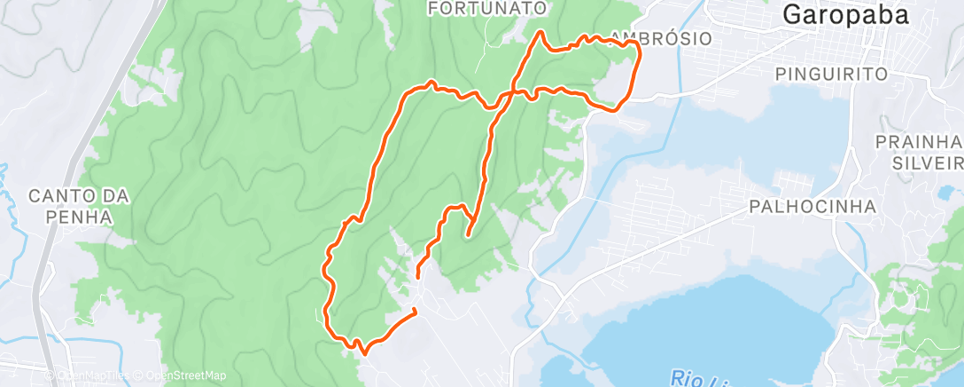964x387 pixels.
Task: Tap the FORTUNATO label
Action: click(x=486, y=8)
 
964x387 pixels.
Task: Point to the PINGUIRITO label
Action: click(x=830, y=74)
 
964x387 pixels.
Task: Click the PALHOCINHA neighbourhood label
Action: click(x=812, y=206)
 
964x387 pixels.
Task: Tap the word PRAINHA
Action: click(x=918, y=142)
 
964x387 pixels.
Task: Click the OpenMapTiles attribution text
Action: click(x=95, y=376)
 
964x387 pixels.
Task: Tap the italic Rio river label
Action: click(x=688, y=378)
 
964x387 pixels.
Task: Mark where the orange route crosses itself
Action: click(x=512, y=92)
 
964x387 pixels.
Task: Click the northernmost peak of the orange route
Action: click(x=540, y=33)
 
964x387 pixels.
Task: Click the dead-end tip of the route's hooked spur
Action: click(x=467, y=236)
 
